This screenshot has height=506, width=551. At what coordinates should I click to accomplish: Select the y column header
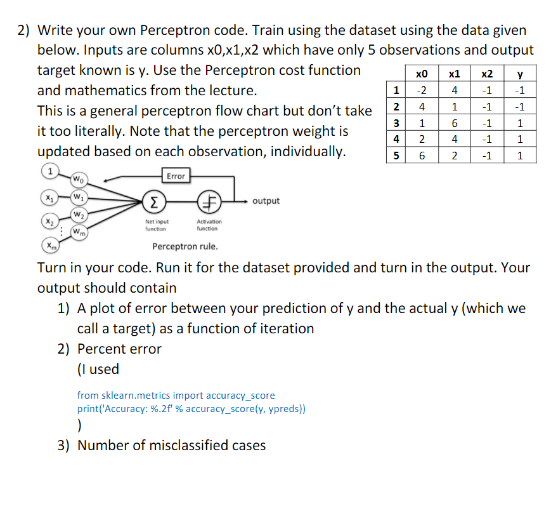tap(520, 73)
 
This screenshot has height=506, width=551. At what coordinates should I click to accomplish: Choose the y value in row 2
tap(520, 106)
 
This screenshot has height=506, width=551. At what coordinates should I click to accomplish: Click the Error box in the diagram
tap(176, 176)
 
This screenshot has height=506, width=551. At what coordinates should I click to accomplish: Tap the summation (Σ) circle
tap(153, 202)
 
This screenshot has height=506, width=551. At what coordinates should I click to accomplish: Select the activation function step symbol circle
tap(209, 202)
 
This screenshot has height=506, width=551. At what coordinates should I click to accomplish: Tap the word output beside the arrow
tap(266, 201)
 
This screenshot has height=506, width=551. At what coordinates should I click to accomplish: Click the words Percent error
tap(119, 349)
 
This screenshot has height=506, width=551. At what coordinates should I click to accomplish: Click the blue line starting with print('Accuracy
tap(191, 408)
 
